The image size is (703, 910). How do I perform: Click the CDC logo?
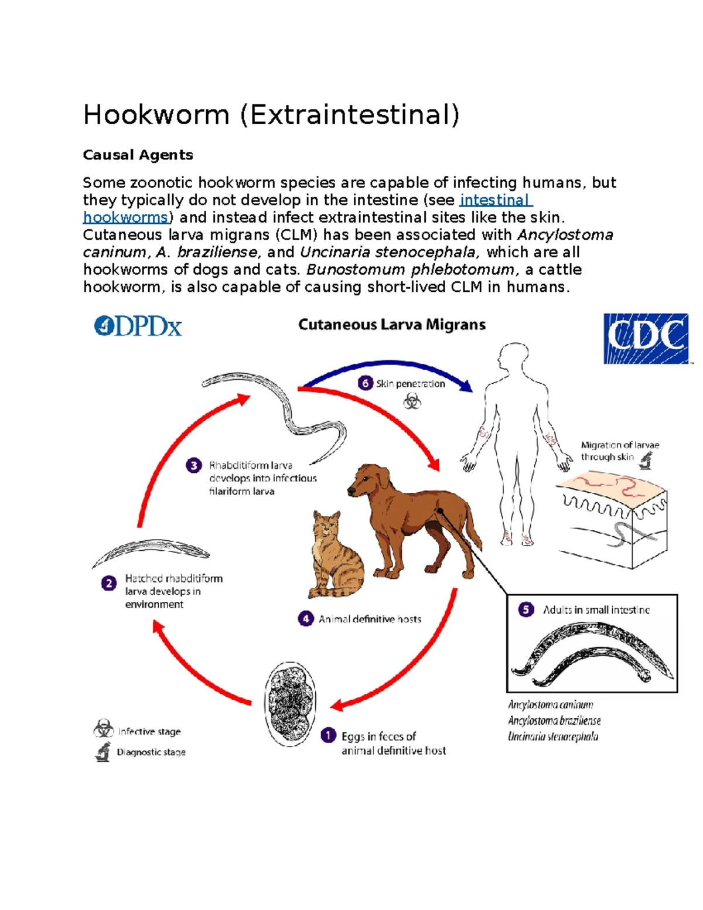(646, 339)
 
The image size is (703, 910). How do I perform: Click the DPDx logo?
(138, 326)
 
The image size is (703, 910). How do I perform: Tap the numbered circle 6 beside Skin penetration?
(365, 383)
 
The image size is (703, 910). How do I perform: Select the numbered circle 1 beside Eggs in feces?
(329, 735)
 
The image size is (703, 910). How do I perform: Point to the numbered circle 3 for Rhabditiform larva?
(194, 465)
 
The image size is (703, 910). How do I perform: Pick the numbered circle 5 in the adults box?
(525, 609)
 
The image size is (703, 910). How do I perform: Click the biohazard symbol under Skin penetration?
(412, 401)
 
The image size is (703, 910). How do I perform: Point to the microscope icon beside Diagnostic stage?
(103, 751)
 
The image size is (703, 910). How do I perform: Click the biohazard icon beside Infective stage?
(104, 729)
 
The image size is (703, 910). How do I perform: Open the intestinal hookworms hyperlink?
(495, 200)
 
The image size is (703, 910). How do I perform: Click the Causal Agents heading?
(138, 155)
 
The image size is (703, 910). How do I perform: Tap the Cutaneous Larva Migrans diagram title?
(392, 325)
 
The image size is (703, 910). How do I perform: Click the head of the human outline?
(514, 357)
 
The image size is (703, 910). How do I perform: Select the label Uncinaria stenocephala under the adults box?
(552, 737)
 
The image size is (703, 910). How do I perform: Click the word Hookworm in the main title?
(156, 115)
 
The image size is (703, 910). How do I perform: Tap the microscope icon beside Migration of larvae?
(646, 461)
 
